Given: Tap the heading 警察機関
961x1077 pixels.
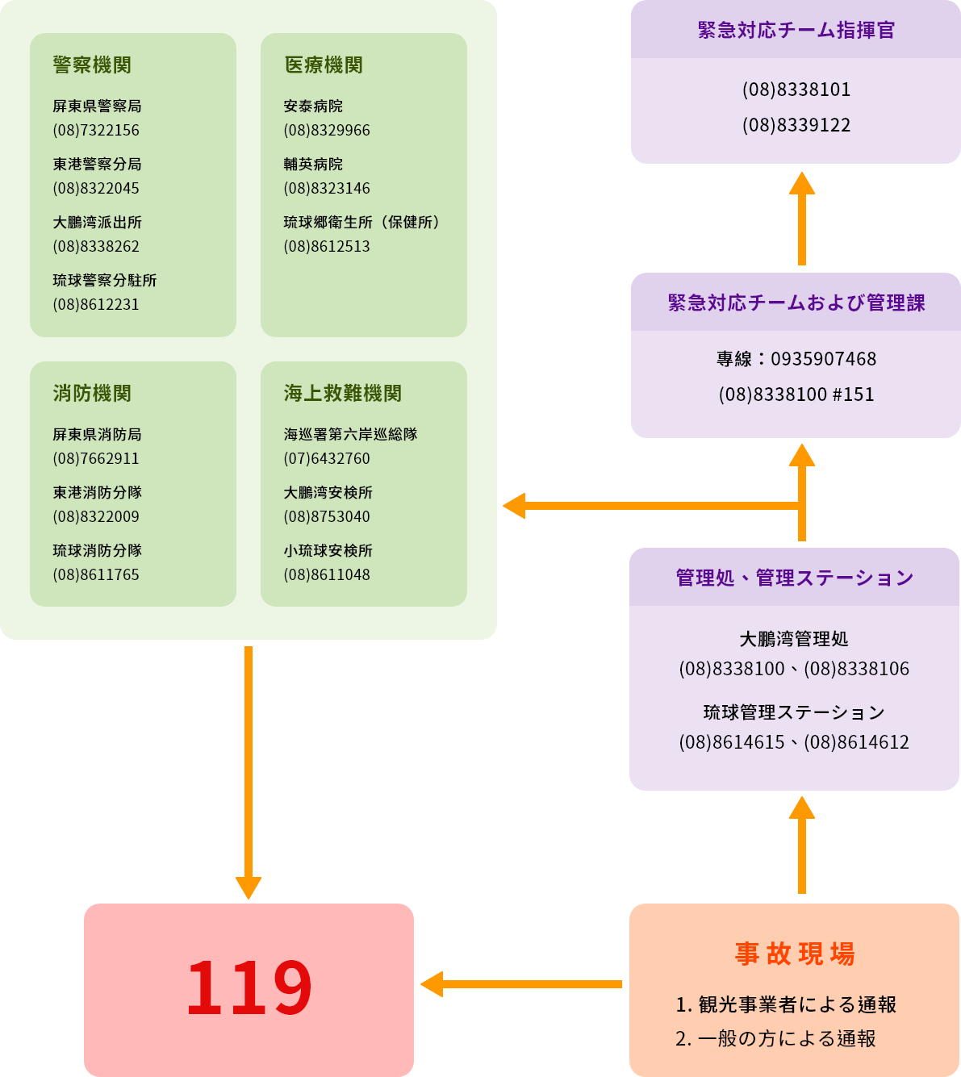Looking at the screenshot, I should [x=92, y=65].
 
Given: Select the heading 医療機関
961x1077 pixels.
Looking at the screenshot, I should [x=324, y=65].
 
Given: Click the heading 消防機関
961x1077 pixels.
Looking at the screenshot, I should [x=92, y=394].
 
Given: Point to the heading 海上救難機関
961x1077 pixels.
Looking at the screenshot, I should [x=343, y=394].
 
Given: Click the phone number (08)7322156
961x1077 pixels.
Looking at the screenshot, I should [x=96, y=131].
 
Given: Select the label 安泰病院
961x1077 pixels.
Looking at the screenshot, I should [x=313, y=106].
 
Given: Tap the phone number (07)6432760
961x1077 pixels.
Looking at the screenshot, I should [x=327, y=459].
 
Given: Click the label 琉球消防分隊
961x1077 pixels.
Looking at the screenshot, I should [x=98, y=551].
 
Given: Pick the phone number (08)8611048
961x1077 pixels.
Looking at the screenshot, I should [x=327, y=575].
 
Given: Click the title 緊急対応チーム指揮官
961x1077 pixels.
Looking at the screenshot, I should [x=796, y=31].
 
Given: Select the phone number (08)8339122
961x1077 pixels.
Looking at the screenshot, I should [x=796, y=125].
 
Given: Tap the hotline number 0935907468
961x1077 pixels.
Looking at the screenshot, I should [x=823, y=359].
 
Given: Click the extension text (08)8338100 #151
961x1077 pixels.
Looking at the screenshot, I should [x=796, y=394].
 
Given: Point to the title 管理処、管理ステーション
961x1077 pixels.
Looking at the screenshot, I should [x=794, y=578].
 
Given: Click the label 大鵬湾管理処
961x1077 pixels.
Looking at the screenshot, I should [x=794, y=640].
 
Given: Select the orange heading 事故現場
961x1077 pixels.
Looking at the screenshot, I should [x=794, y=954].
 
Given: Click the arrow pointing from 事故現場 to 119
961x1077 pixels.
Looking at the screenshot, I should [x=520, y=984].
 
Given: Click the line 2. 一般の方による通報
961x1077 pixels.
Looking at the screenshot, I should [x=775, y=1039].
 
